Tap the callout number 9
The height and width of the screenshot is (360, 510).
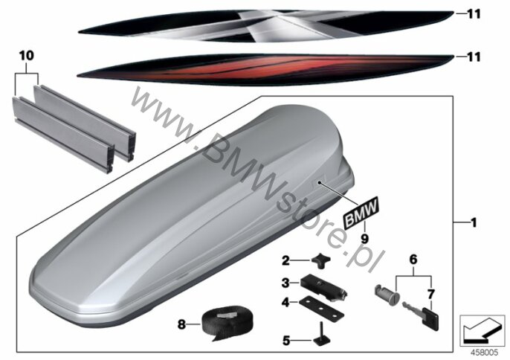pos(364,239)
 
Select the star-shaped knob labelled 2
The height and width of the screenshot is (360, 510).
pos(320,261)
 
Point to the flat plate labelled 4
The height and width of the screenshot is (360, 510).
pos(321,308)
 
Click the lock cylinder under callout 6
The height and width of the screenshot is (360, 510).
pos(387,292)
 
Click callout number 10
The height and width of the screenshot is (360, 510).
pos(26,56)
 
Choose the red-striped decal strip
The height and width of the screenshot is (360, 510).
pos(265,70)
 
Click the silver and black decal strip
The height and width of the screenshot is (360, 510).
pos(265,26)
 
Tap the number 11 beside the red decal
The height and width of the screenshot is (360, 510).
pos(474,57)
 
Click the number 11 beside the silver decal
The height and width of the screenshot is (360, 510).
pos(474,14)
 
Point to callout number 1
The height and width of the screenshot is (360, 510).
pos(474,222)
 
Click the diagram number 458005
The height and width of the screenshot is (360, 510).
pos(484,353)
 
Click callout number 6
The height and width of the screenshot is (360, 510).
pos(413,260)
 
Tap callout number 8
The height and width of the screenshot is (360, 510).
pos(181,324)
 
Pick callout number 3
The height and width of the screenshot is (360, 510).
pos(285,283)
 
